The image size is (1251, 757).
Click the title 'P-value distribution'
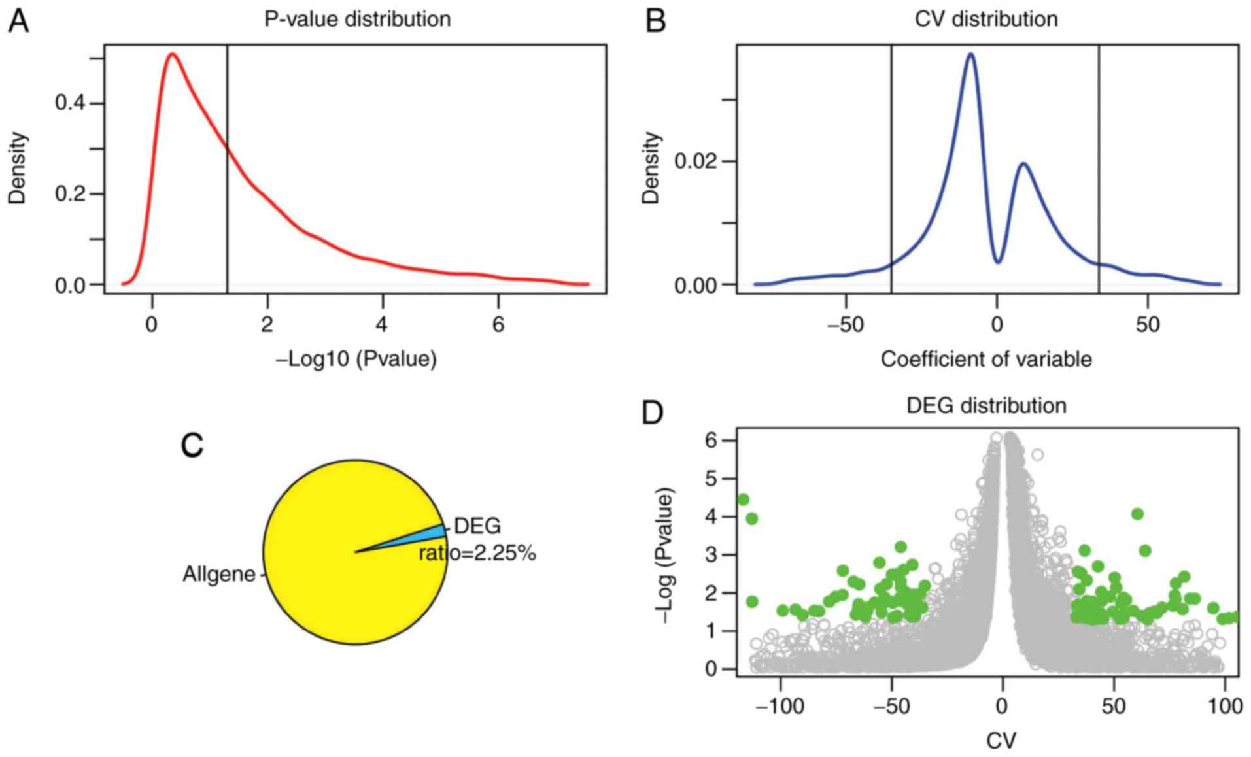click(357, 19)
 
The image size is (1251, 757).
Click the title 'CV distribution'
click(985, 19)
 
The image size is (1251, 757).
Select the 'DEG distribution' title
click(985, 405)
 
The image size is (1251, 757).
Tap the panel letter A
click(18, 22)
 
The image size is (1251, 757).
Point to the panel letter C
click(192, 445)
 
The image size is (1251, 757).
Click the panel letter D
click(653, 413)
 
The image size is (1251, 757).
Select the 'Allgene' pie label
click(219, 574)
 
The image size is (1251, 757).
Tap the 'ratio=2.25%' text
click(477, 553)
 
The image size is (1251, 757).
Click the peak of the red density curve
click(172, 54)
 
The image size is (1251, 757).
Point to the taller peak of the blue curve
click(971, 54)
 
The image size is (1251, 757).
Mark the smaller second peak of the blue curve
click(1023, 163)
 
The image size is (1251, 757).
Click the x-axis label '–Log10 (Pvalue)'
click(356, 359)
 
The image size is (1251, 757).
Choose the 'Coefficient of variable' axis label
click(985, 359)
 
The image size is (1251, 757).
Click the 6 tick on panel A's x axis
click(498, 325)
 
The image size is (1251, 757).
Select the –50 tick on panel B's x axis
click(845, 325)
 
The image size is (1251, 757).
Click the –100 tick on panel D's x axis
click(780, 706)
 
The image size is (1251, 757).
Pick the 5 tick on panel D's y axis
click(710, 479)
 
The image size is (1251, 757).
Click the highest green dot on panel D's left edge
click(743, 499)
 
